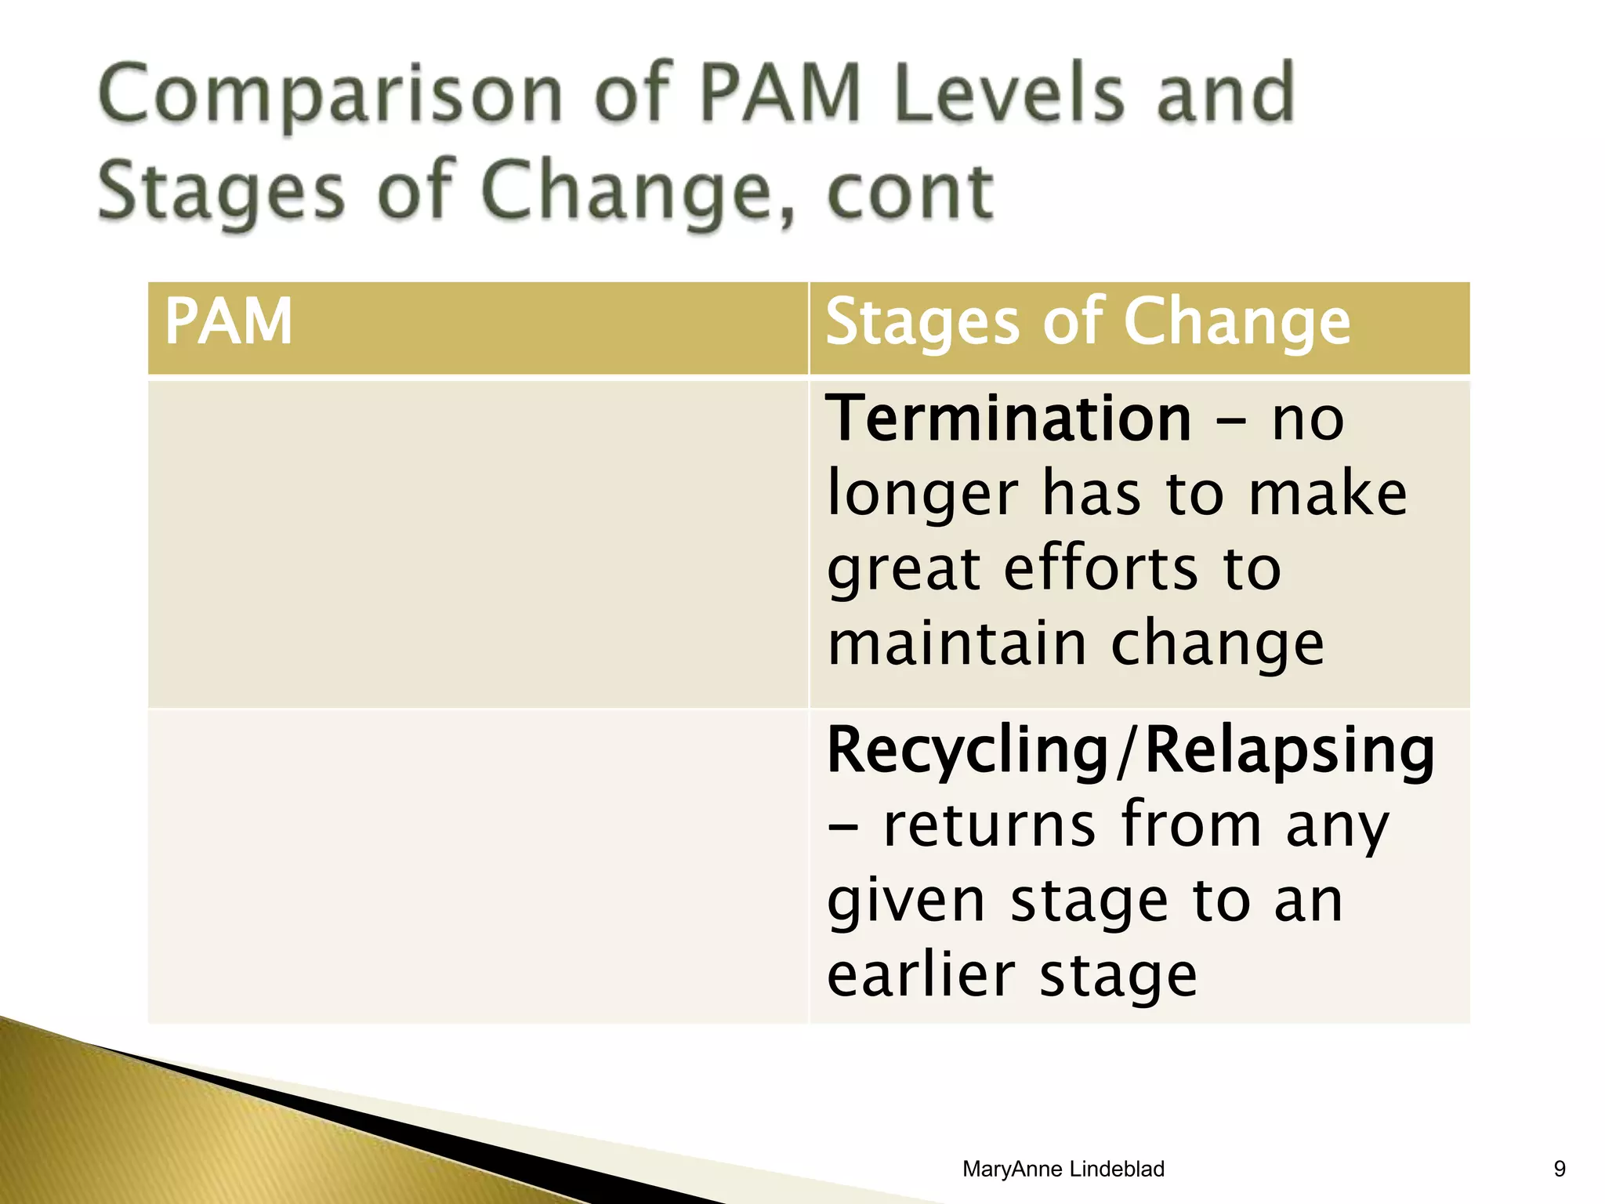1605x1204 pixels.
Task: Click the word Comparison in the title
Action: tap(329, 96)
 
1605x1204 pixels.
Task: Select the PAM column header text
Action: tap(228, 321)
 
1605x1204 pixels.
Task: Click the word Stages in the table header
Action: tap(922, 323)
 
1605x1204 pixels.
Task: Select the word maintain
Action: tap(956, 644)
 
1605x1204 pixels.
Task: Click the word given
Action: tap(905, 901)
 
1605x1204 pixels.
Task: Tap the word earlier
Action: tap(921, 976)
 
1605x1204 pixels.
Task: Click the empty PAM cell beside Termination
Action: tap(477, 543)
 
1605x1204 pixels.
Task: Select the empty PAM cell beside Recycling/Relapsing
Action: tap(477, 866)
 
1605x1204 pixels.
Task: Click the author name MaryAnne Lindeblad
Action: tap(1063, 1169)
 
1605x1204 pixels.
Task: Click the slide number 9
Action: tap(1559, 1169)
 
